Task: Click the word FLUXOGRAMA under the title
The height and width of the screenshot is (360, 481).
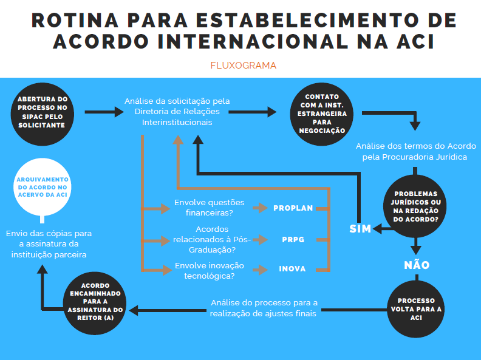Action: pos(243,66)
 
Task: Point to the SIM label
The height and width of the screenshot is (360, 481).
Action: pos(360,229)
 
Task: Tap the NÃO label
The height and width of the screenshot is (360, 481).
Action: pos(417,265)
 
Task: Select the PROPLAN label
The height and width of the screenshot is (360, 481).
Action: pos(293,208)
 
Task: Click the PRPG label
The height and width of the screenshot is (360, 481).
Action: pos(293,240)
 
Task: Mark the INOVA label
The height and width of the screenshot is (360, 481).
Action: pos(293,269)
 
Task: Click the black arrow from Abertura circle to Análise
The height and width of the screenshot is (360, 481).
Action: pos(104,112)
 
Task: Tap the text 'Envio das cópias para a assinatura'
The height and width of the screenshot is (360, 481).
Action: pos(49,243)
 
